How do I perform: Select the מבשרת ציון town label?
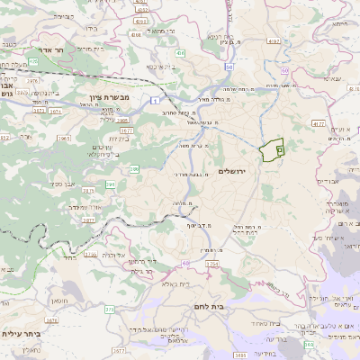112,96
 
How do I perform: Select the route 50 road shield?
230,67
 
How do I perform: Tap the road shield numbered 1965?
64,139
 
